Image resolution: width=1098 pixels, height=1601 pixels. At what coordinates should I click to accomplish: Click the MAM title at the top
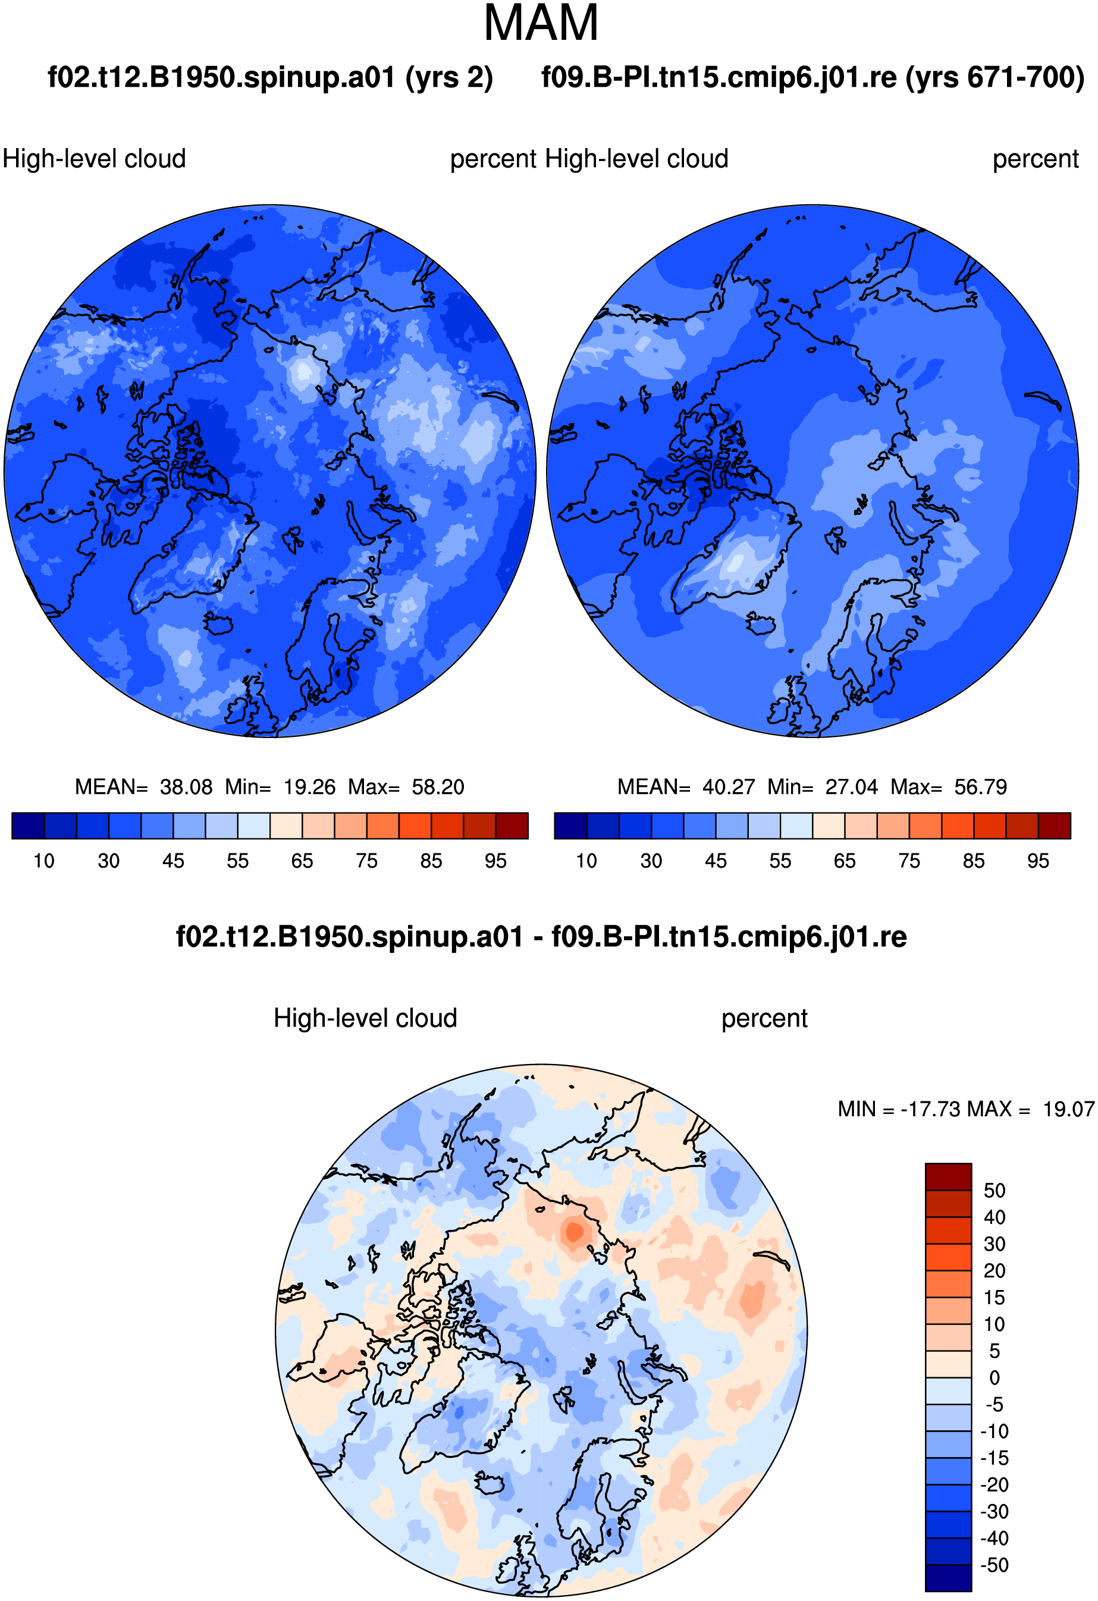(x=541, y=23)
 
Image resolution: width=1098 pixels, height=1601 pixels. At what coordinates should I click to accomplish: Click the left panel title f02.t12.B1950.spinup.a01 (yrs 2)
(x=270, y=77)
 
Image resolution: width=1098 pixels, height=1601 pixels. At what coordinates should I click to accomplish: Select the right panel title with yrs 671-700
(x=813, y=77)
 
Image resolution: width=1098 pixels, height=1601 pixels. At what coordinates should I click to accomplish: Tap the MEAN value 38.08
(x=186, y=787)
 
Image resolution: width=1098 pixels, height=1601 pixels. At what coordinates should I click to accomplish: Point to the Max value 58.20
(x=438, y=787)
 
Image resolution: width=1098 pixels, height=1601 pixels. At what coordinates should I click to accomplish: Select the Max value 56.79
(x=981, y=787)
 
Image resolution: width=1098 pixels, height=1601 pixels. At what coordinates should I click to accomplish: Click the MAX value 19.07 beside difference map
(x=1068, y=1109)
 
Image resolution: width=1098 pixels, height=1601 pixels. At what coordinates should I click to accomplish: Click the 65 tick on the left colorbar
(x=302, y=861)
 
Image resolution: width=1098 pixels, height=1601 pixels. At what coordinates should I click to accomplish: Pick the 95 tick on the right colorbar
(x=1038, y=861)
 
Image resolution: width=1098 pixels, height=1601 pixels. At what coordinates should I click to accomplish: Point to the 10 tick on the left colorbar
(x=44, y=861)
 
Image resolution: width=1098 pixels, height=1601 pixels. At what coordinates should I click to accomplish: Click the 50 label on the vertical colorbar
(x=994, y=1191)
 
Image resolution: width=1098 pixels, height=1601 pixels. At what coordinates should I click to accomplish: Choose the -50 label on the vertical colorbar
(x=995, y=1565)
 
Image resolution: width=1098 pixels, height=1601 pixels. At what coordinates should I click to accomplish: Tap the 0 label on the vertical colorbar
(x=994, y=1378)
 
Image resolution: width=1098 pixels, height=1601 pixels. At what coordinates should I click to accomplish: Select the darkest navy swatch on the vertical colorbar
(x=948, y=1578)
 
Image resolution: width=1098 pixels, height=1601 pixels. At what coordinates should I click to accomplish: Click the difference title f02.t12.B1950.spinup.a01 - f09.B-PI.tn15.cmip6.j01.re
(x=541, y=937)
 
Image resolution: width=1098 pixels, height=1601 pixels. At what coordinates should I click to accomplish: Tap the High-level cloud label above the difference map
(x=365, y=1018)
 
